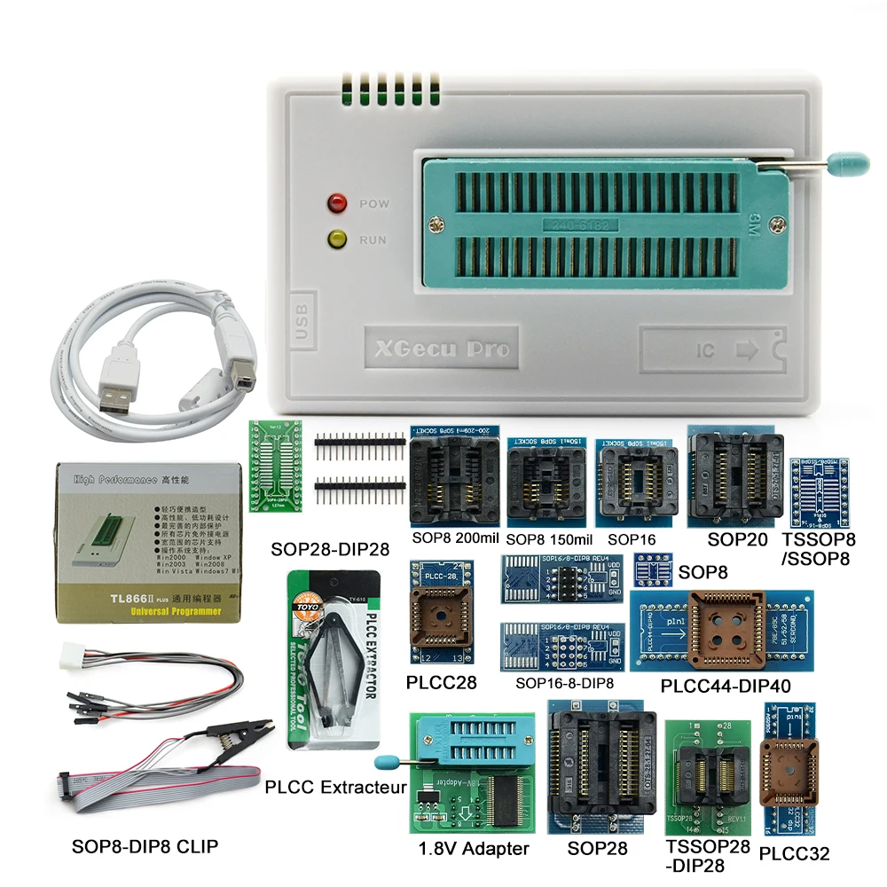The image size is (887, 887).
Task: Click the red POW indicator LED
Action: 337,203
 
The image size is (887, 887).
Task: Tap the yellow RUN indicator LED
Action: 337,239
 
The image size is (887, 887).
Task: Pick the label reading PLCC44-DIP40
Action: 726,686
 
